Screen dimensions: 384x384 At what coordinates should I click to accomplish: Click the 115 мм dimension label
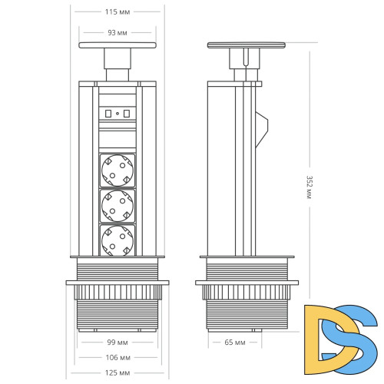point(118,12)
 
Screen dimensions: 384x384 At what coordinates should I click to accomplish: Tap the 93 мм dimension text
point(118,33)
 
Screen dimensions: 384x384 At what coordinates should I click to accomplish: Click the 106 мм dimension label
point(118,357)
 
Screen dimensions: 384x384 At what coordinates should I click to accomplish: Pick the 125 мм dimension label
point(118,373)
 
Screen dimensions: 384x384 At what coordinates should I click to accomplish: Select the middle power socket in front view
point(118,205)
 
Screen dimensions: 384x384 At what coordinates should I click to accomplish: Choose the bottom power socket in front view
point(118,240)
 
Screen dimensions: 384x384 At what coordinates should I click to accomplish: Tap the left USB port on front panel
point(107,114)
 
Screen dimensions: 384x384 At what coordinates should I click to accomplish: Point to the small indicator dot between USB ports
point(117,114)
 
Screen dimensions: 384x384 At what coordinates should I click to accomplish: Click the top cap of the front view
point(118,48)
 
